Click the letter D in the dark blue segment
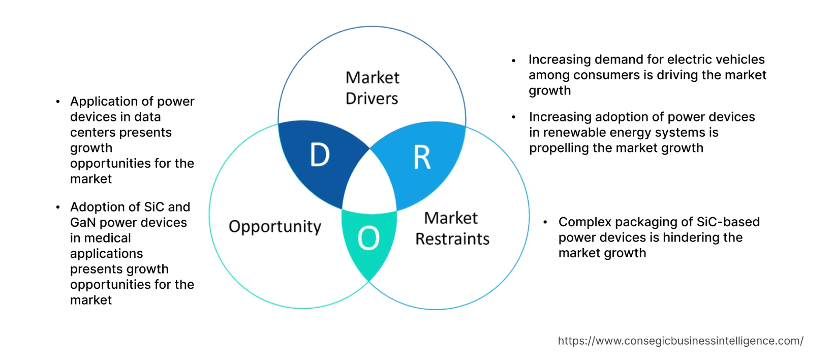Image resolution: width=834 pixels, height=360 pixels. (x=320, y=155)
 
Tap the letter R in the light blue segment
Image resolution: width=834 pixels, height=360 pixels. (x=422, y=158)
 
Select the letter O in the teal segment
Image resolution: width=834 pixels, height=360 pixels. (x=368, y=238)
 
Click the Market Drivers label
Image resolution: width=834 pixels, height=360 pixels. (x=372, y=88)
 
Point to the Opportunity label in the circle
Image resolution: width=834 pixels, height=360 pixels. (x=275, y=226)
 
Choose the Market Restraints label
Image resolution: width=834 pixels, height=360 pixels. (x=452, y=228)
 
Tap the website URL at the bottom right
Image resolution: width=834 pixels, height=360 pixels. (x=681, y=341)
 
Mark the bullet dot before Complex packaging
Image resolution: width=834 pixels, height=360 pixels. (x=545, y=222)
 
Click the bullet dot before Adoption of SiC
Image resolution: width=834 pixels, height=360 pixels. (x=58, y=207)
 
